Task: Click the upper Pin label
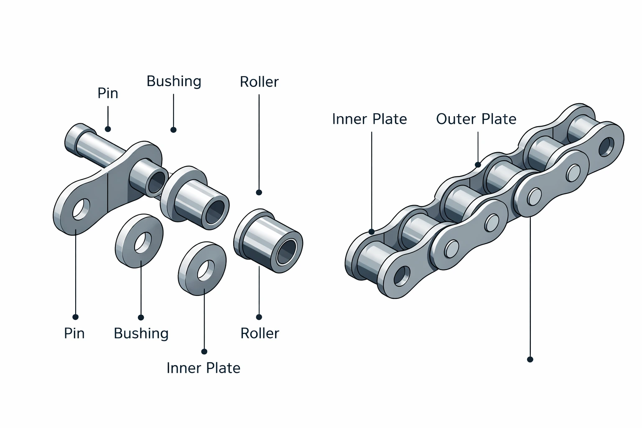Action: click(x=108, y=93)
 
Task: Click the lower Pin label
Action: click(x=74, y=333)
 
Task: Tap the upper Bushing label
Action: click(x=174, y=81)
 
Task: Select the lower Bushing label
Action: click(x=141, y=333)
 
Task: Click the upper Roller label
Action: click(x=259, y=82)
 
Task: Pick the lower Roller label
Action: click(x=260, y=333)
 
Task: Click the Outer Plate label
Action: click(x=476, y=119)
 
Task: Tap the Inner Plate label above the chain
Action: click(x=369, y=119)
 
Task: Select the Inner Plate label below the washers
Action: click(x=204, y=368)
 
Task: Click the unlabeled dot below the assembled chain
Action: click(x=530, y=359)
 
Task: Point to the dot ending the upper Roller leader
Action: click(x=259, y=192)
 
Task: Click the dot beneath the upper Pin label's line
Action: click(x=108, y=129)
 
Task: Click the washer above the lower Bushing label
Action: click(x=140, y=242)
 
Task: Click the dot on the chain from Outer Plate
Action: click(x=478, y=165)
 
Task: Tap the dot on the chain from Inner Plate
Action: click(x=371, y=232)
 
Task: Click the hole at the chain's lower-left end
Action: click(x=402, y=276)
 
